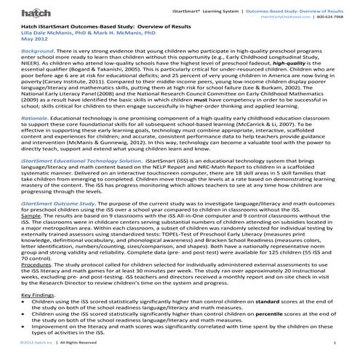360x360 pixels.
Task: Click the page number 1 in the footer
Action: pyautogui.click(x=333, y=353)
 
